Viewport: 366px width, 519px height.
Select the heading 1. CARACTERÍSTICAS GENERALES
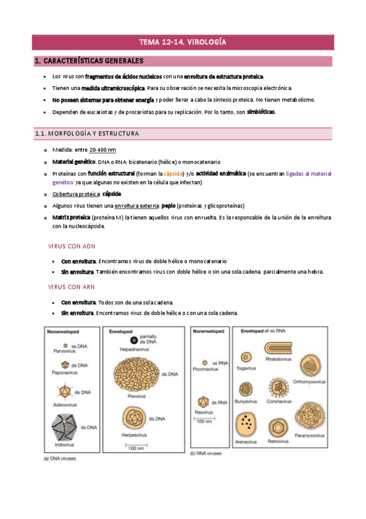(x=90, y=61)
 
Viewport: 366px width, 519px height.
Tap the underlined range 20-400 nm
(x=103, y=150)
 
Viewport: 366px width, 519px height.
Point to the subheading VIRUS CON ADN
(x=72, y=246)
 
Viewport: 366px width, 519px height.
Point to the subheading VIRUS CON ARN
(x=72, y=286)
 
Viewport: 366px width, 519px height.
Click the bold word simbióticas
(x=258, y=112)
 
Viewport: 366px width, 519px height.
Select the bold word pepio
(x=169, y=206)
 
